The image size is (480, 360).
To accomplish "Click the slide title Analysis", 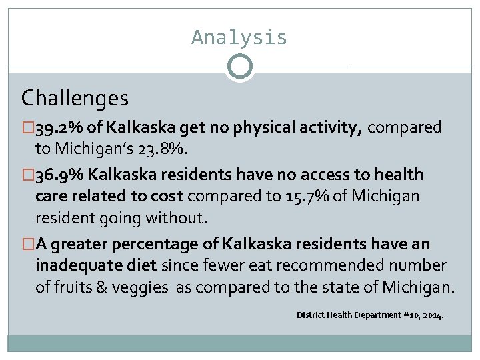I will (239, 37).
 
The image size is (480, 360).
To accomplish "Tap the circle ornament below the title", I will (239, 67).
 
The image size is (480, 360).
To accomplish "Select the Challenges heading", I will (75, 99).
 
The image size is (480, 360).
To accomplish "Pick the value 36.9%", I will (57, 175).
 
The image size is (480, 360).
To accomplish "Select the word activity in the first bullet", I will (328, 127).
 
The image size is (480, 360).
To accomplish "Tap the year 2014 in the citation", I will (431, 315).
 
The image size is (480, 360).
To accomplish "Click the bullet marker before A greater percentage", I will (27, 244).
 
